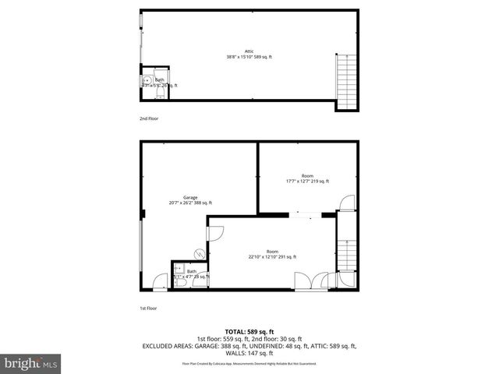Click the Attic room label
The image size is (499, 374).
pyautogui.click(x=249, y=52)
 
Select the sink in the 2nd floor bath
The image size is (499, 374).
pyautogui.click(x=146, y=79)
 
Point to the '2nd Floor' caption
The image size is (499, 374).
pyautogui.click(x=148, y=118)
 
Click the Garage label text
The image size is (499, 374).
pyautogui.click(x=190, y=197)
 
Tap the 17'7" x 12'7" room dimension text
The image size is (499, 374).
pyautogui.click(x=308, y=182)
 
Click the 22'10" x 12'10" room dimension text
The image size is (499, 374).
pyautogui.click(x=272, y=256)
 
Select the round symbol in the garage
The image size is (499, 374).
pyautogui.click(x=200, y=253)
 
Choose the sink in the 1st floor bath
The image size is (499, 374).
pyautogui.click(x=178, y=268)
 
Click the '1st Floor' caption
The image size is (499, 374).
pyautogui.click(x=148, y=309)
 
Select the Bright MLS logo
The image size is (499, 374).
pyautogui.click(x=31, y=363)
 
